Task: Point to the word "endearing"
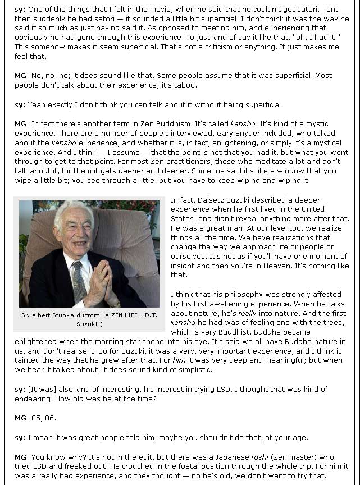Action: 33,399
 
